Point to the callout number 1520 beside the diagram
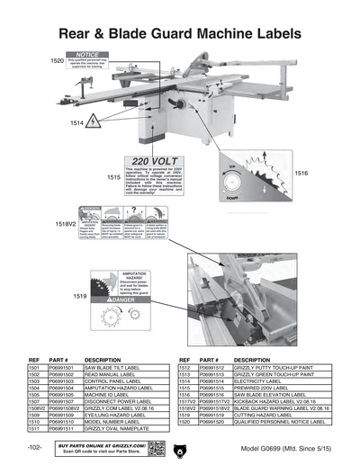(x=56, y=61)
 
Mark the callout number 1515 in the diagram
(x=112, y=178)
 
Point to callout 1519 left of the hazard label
(x=80, y=295)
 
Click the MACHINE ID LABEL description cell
(x=112, y=393)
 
